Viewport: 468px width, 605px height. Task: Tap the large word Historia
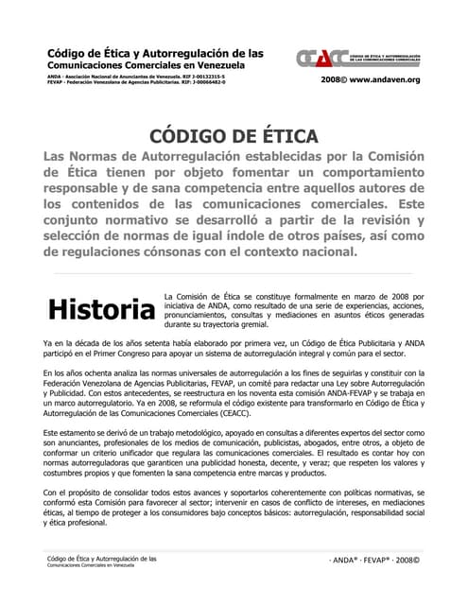point(101,309)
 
